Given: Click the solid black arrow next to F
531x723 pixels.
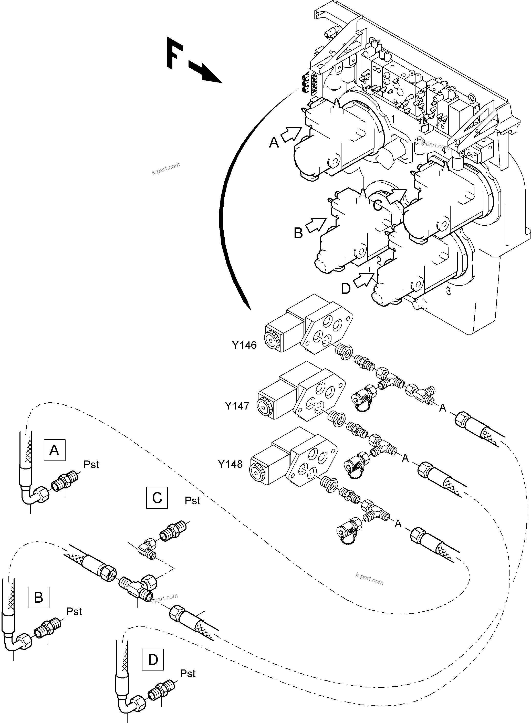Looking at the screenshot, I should pyautogui.click(x=205, y=73).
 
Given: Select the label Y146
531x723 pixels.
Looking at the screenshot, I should pyautogui.click(x=244, y=345).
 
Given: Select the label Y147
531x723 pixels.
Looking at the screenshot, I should pyautogui.click(x=237, y=406).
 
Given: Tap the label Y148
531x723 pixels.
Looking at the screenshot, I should pyautogui.click(x=230, y=464).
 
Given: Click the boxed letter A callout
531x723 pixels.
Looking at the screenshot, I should pyautogui.click(x=54, y=450).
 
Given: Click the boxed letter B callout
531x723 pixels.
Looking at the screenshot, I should pyautogui.click(x=39, y=597).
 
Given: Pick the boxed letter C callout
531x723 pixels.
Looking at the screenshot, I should pyautogui.click(x=157, y=498).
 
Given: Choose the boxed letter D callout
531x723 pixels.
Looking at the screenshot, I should pyautogui.click(x=153, y=660).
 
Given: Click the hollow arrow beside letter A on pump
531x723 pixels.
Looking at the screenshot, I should pyautogui.click(x=291, y=134).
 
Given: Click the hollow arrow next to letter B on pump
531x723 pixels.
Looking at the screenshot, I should pyautogui.click(x=315, y=224).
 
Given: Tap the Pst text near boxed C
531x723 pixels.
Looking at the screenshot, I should pyautogui.click(x=192, y=500).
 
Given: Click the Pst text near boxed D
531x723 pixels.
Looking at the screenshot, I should pyautogui.click(x=188, y=673).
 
